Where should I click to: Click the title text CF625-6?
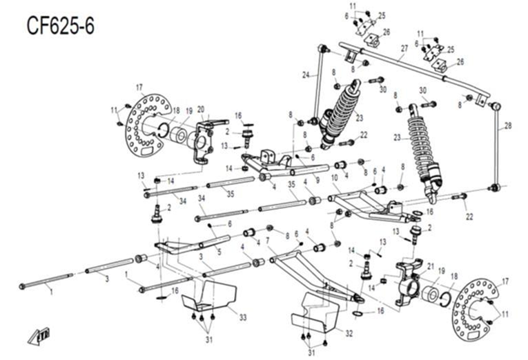[61, 26]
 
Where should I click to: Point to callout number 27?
[404, 48]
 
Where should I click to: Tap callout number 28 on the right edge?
[509, 126]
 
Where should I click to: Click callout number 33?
[242, 317]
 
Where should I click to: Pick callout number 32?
[349, 333]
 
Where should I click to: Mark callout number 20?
[201, 108]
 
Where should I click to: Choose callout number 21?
[431, 266]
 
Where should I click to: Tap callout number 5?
[219, 252]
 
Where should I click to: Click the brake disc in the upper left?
[146, 126]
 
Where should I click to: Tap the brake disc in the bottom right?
[476, 309]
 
